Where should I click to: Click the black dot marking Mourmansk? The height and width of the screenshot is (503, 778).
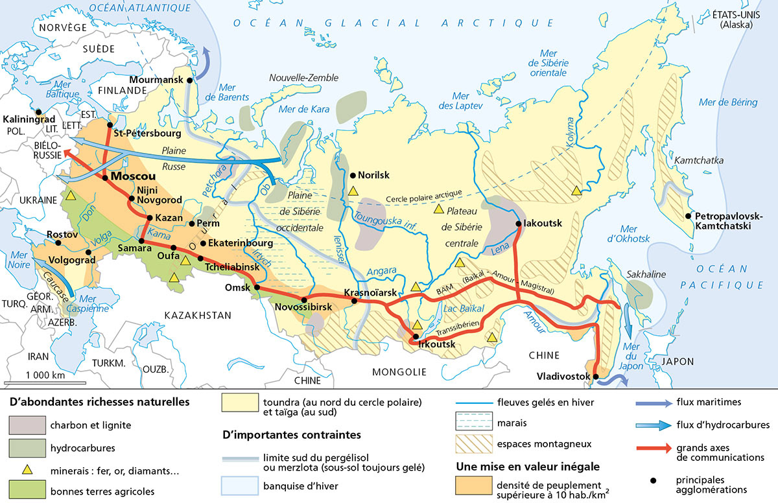click(190, 80)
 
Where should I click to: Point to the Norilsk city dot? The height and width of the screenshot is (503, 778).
click(353, 175)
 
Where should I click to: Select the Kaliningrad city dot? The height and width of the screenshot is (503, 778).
click(39, 111)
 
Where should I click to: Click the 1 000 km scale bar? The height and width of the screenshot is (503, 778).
click(45, 383)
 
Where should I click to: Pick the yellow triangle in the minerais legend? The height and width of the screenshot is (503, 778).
click(27, 469)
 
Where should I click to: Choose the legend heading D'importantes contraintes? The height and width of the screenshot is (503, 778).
click(291, 434)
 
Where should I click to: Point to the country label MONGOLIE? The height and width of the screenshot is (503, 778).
click(399, 371)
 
